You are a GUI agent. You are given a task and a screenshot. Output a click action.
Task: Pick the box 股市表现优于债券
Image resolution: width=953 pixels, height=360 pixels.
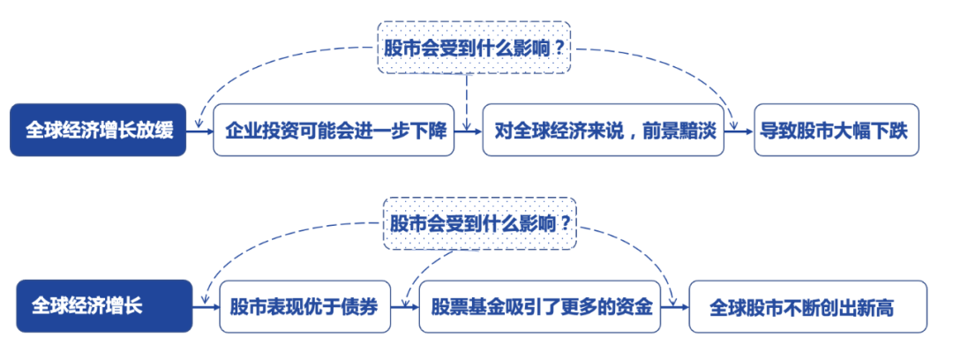304,306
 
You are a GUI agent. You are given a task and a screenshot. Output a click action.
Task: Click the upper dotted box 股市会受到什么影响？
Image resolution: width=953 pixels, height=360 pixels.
474,47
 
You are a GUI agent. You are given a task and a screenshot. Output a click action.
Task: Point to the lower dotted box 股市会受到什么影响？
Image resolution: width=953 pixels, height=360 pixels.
481,222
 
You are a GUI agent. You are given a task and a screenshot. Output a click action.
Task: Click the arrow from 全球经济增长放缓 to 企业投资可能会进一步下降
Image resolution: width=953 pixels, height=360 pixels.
200,131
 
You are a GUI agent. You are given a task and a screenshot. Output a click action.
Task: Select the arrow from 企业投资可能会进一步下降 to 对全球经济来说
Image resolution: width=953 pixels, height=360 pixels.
468,131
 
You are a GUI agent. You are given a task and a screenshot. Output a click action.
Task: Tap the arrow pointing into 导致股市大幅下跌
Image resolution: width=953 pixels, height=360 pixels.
739,131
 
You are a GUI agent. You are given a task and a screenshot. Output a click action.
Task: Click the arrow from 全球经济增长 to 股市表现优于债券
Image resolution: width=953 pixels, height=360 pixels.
206,307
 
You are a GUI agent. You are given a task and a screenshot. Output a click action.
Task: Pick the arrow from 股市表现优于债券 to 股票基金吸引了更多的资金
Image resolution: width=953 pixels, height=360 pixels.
405,307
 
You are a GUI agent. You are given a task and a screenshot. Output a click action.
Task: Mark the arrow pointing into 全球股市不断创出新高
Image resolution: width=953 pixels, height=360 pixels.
676,307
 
